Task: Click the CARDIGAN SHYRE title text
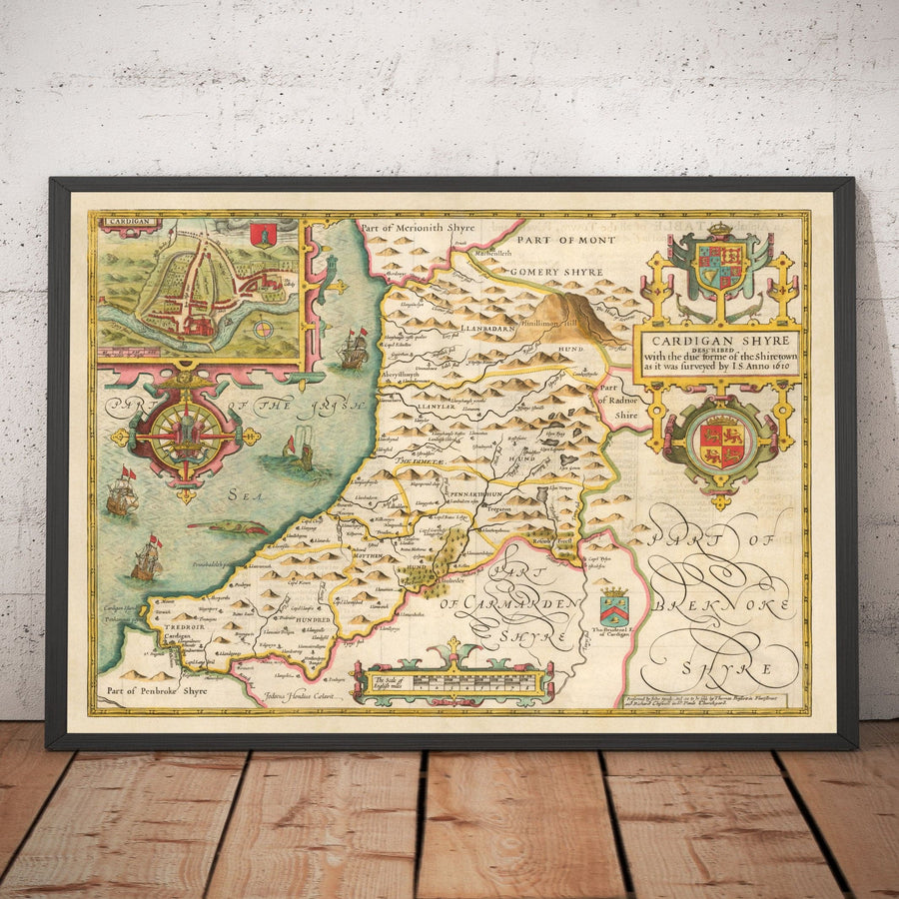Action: pyautogui.click(x=719, y=339)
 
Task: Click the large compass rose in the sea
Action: pyautogui.click(x=186, y=437)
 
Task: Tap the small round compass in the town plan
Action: pyautogui.click(x=263, y=328)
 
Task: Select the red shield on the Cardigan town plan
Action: pyautogui.click(x=263, y=234)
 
